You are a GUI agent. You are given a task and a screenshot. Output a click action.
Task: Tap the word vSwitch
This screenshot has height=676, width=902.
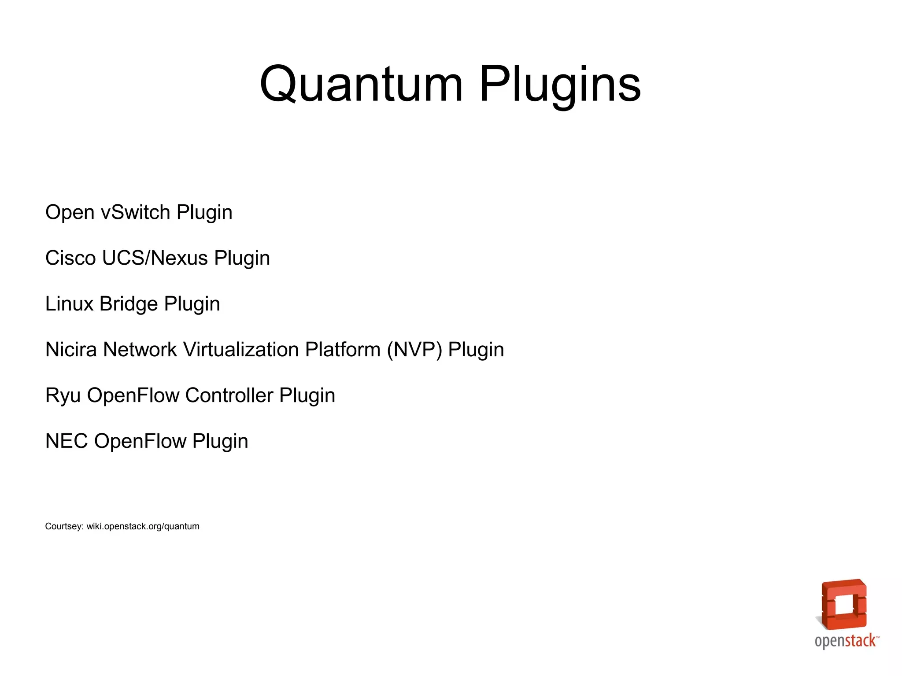(x=136, y=212)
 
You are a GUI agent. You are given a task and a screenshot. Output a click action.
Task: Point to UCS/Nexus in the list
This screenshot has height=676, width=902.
(x=155, y=258)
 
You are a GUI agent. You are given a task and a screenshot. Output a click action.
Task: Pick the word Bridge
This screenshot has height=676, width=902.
(x=129, y=304)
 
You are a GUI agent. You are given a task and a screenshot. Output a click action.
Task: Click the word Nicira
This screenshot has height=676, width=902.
(x=71, y=350)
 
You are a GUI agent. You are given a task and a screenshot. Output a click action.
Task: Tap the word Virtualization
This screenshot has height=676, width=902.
(x=241, y=350)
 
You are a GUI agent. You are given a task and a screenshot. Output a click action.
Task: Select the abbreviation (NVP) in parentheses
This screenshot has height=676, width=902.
(x=414, y=350)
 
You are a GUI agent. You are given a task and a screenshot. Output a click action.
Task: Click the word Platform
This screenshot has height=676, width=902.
(x=343, y=350)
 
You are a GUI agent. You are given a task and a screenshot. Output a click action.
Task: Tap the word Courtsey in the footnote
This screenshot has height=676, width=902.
(x=64, y=526)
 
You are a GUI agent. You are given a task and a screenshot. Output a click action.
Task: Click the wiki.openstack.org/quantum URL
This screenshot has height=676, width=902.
(x=143, y=526)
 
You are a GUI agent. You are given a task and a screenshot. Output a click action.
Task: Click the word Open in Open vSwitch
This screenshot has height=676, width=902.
(x=70, y=212)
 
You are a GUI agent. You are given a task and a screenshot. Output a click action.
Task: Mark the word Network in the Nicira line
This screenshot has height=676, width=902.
(x=140, y=350)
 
